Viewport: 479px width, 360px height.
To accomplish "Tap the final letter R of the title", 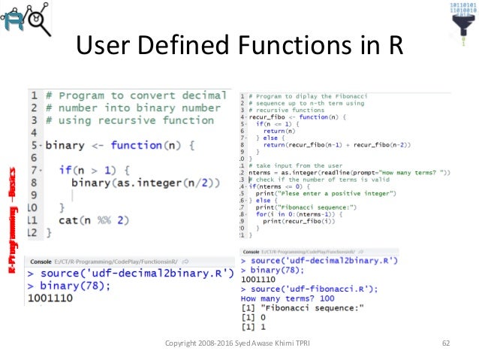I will pos(393,47).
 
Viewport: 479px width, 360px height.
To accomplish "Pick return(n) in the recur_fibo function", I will pos(274,130).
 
